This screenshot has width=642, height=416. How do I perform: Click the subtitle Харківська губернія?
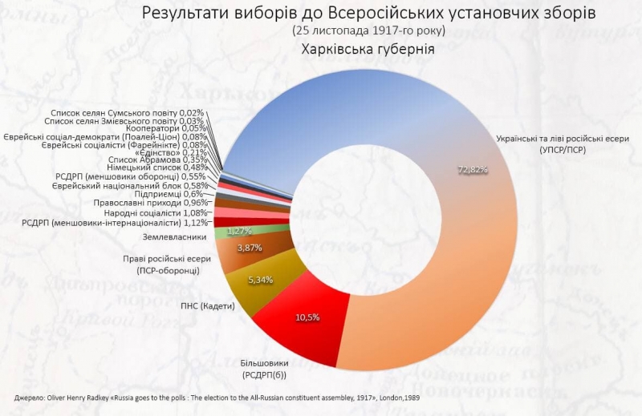click(x=368, y=50)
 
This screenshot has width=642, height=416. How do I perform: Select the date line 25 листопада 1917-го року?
click(x=368, y=31)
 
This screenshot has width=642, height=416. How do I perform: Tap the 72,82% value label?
click(x=471, y=170)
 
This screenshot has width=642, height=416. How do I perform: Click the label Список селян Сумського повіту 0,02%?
click(x=127, y=113)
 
